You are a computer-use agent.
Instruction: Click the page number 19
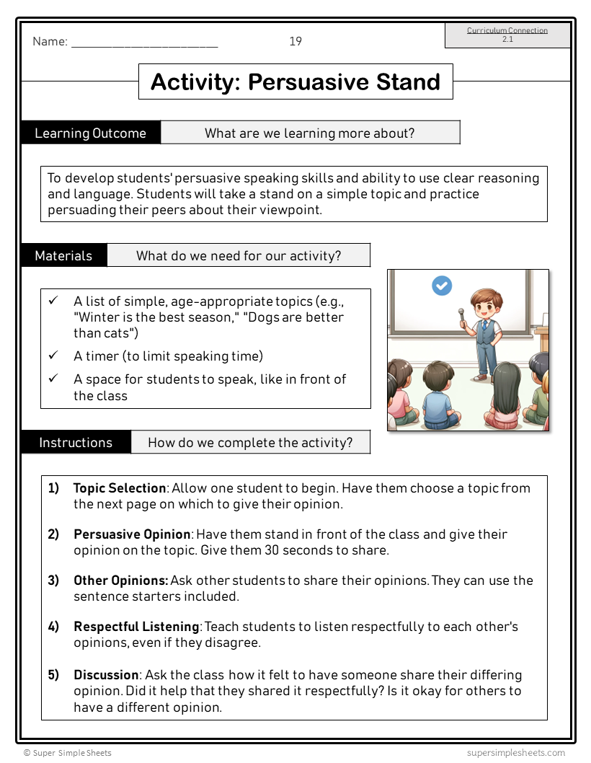295,41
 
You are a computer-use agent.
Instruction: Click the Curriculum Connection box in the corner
507,35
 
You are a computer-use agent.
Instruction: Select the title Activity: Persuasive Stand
295,81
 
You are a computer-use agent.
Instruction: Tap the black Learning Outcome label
90,133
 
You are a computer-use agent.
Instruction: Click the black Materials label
63,255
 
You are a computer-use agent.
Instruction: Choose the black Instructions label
76,442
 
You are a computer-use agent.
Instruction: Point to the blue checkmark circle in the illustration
442,286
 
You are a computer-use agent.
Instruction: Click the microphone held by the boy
461,314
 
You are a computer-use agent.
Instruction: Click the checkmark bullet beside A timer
53,356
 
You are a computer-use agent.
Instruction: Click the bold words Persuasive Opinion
132,534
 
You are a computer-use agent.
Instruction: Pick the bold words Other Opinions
120,581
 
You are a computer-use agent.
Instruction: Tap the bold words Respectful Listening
135,627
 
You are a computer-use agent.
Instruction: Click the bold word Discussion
105,675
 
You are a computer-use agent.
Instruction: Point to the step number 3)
54,581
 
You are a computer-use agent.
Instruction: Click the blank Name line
144,42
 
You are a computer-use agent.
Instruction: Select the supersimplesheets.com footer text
516,752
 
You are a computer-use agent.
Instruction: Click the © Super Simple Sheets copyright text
68,752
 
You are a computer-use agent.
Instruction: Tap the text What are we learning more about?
309,133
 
